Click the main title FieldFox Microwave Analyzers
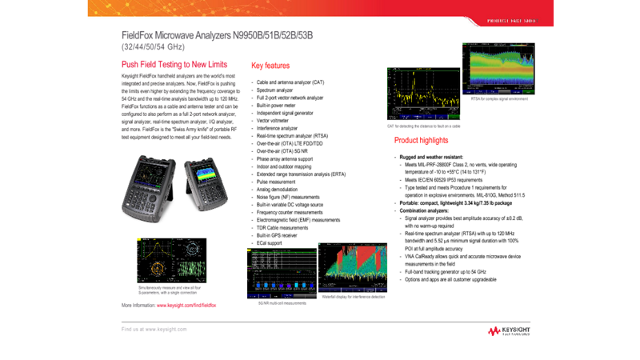pyautogui.click(x=216, y=35)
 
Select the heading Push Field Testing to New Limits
pyautogui.click(x=174, y=65)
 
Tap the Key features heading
pyautogui.click(x=270, y=66)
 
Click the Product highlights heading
pyautogui.click(x=421, y=140)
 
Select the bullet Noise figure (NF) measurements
pyautogui.click(x=288, y=197)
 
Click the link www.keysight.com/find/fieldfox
pyautogui.click(x=186, y=306)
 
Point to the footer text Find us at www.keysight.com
pyautogui.click(x=154, y=329)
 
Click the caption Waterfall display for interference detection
pyautogui.click(x=353, y=297)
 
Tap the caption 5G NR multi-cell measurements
pyautogui.click(x=282, y=303)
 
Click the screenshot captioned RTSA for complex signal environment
pyautogui.click(x=498, y=69)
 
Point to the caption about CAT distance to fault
pyautogui.click(x=423, y=126)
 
